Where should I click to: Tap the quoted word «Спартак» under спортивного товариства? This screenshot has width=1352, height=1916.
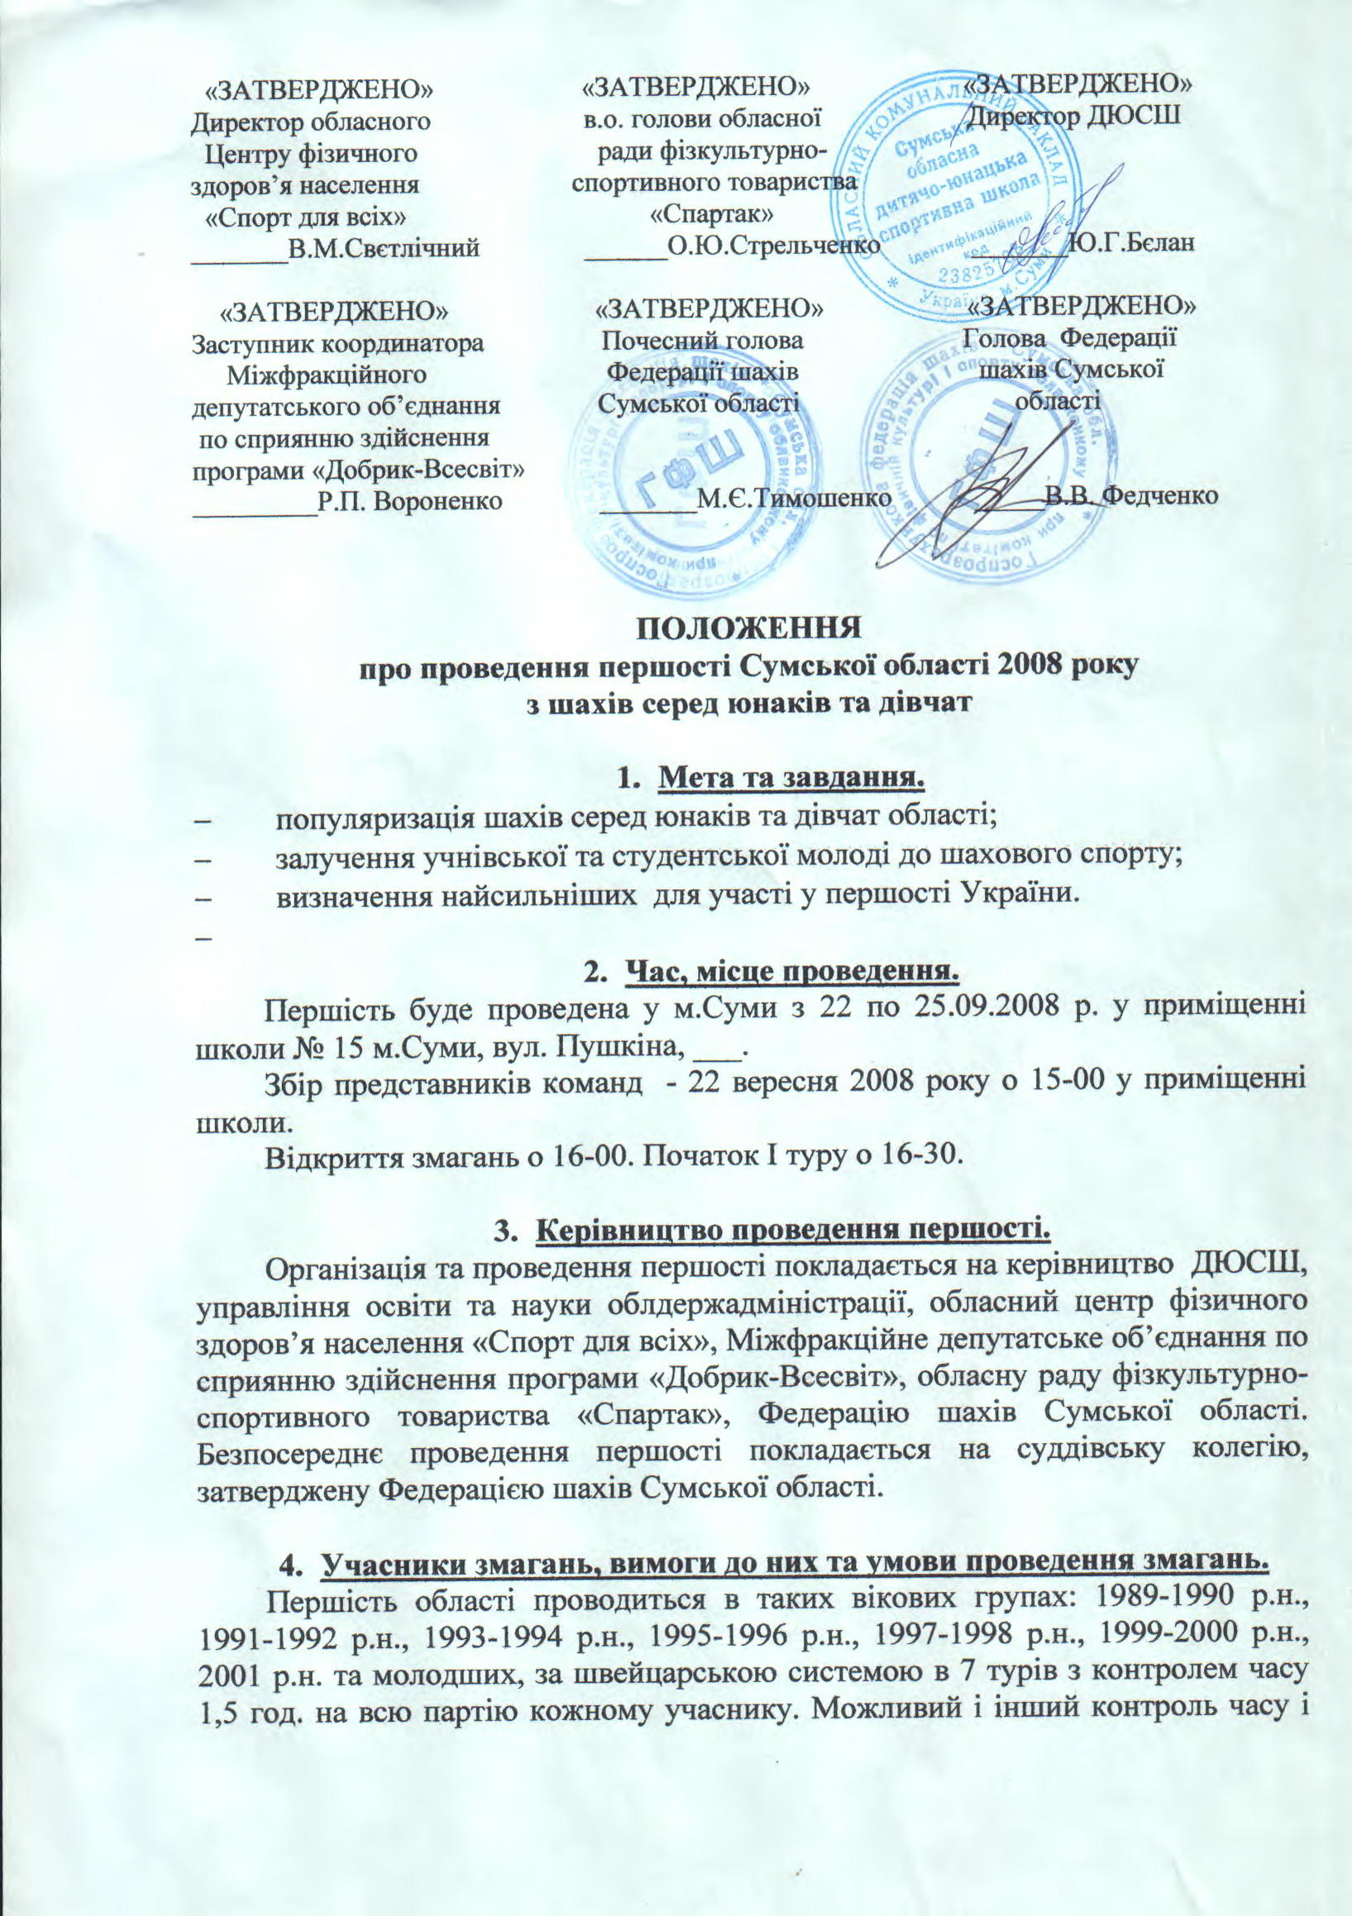[711, 213]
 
